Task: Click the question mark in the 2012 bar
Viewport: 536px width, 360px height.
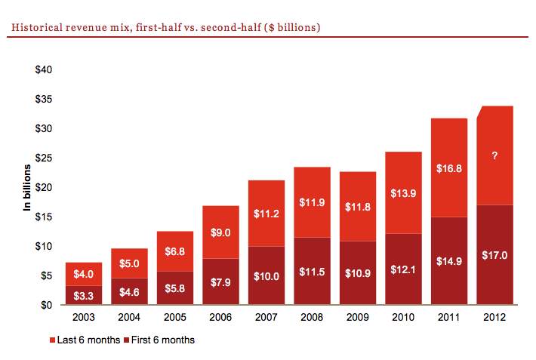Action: (x=495, y=155)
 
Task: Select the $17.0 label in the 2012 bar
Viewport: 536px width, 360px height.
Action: (x=495, y=255)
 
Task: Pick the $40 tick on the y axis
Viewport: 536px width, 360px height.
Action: (x=44, y=70)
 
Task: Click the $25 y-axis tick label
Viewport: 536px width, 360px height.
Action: (x=44, y=158)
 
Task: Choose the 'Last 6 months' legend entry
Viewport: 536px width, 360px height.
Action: (x=82, y=340)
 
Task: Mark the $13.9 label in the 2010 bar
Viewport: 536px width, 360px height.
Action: (x=403, y=193)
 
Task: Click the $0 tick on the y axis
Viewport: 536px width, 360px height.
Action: (x=47, y=306)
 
